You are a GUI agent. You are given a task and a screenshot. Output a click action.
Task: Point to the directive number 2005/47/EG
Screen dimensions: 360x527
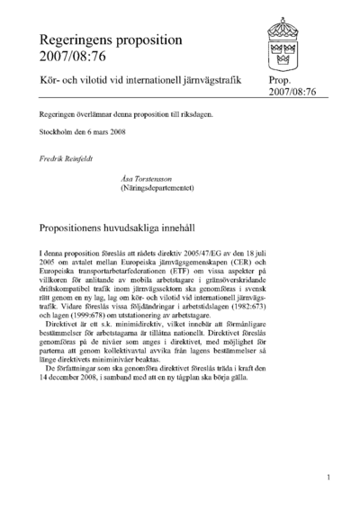click(x=194, y=256)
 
